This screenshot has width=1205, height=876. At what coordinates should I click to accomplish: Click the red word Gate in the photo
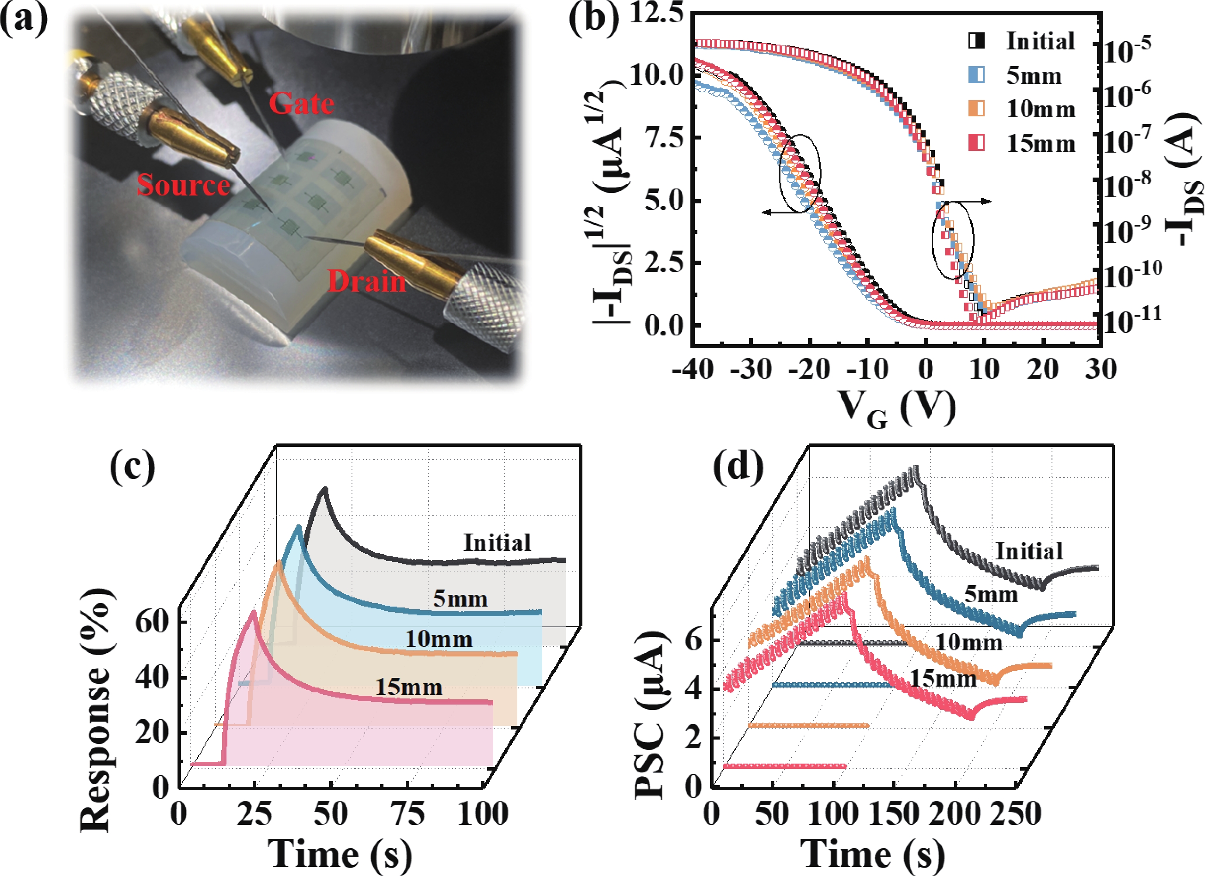point(301,103)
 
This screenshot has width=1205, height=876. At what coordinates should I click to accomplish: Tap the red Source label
point(183,185)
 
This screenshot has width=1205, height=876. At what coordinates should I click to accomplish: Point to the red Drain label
point(366,281)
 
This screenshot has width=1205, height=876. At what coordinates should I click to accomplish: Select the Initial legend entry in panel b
point(1040,42)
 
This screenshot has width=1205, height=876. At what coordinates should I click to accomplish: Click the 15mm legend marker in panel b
point(976,143)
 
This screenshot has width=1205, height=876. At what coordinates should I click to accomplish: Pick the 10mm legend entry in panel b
point(1040,109)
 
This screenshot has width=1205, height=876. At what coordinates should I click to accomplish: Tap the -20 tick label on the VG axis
point(808,369)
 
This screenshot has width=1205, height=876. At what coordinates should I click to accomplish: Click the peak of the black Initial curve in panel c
point(324,489)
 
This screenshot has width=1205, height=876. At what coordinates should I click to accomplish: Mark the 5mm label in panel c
point(460,599)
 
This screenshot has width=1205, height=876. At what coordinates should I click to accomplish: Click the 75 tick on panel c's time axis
point(407,814)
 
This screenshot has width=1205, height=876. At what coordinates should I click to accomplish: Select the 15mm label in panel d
point(944,679)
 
